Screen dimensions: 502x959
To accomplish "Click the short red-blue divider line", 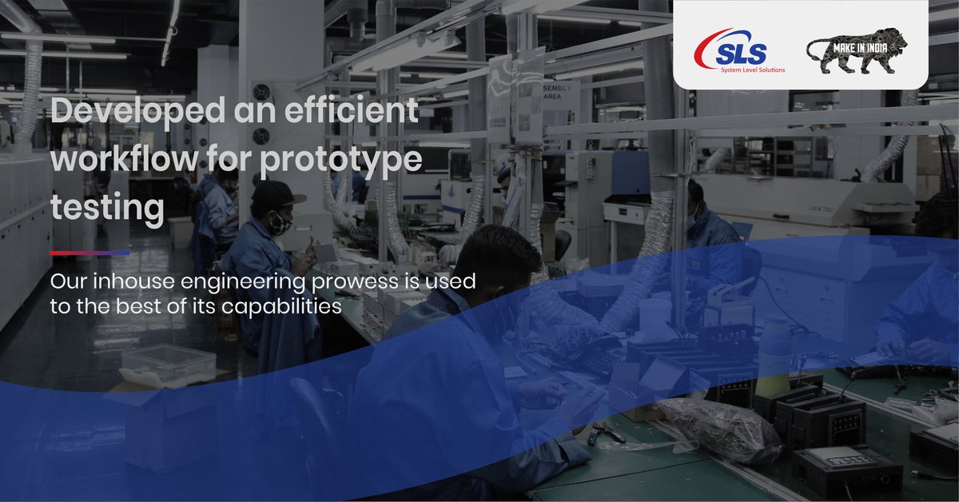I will (90, 253).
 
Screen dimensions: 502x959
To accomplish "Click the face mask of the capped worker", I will (279, 225).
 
